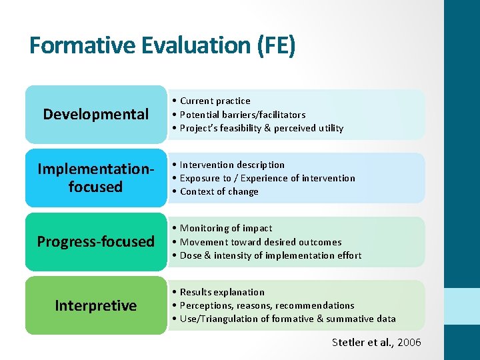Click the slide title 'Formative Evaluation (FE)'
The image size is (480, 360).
[162, 45]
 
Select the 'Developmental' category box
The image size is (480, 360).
[96, 114]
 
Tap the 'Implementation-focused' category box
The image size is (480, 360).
[96, 178]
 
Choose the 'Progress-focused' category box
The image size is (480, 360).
[96, 241]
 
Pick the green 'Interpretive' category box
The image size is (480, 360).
[96, 305]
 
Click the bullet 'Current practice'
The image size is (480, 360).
[215, 101]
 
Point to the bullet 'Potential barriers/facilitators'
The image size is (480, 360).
[243, 115]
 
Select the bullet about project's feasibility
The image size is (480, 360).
[261, 128]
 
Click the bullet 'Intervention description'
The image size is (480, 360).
[232, 165]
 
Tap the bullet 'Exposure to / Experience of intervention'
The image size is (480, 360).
[267, 178]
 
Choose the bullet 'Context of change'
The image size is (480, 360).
[219, 191]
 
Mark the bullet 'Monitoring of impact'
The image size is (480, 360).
[226, 228]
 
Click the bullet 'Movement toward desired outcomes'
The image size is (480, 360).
[260, 242]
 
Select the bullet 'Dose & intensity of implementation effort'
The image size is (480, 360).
[271, 255]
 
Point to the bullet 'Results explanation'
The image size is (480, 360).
[222, 292]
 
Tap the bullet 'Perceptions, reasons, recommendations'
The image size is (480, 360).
[267, 305]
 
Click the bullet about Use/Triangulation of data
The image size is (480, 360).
[287, 319]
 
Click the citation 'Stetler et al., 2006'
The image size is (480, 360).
[376, 342]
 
